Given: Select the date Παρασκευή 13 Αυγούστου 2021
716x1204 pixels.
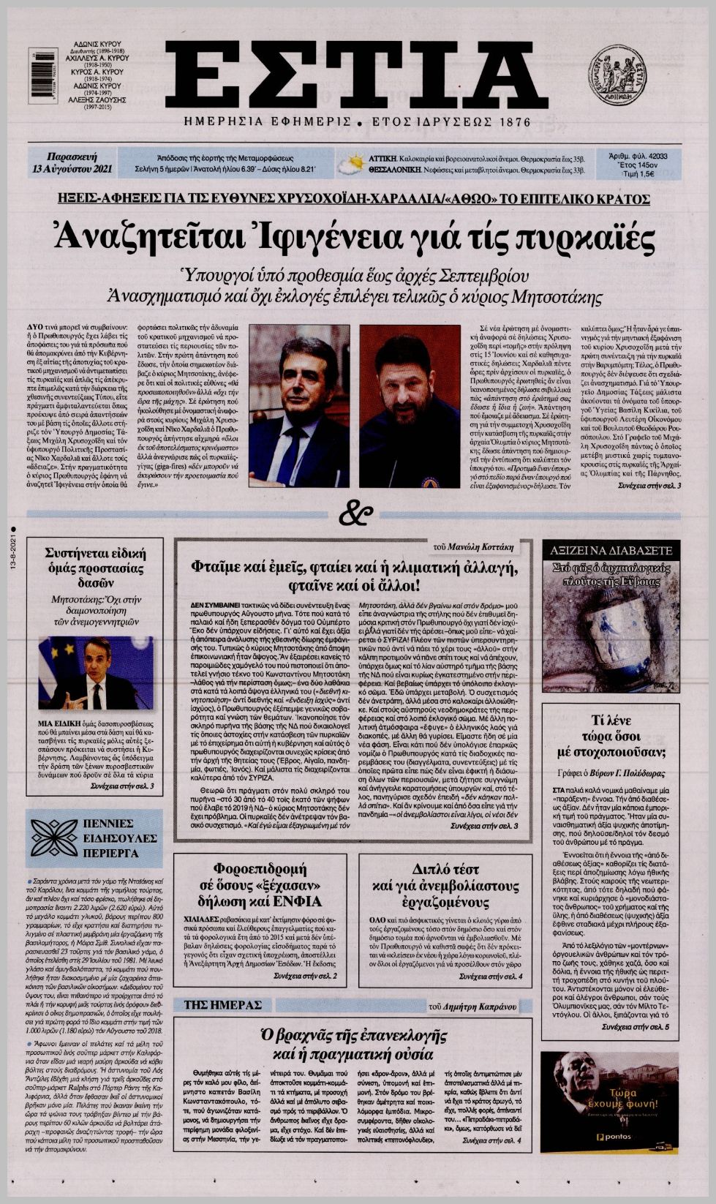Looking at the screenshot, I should click(x=71, y=163).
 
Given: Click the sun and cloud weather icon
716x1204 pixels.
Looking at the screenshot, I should click(x=355, y=163).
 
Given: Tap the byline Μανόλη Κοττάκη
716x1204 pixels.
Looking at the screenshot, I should click(x=489, y=546).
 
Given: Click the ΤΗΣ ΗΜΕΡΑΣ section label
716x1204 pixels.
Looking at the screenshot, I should click(x=222, y=1005).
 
